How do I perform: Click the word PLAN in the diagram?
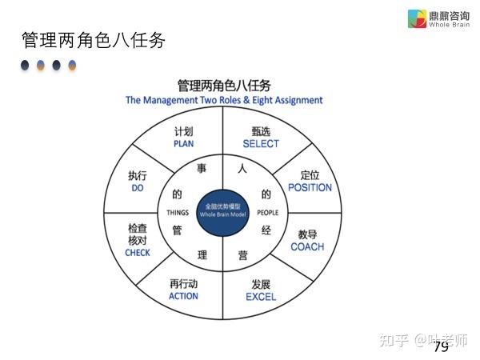click(183, 144)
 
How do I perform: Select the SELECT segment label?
click(261, 144)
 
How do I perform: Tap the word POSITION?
click(310, 188)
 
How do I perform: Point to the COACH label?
click(307, 247)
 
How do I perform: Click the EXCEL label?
click(261, 297)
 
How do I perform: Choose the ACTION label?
click(183, 297)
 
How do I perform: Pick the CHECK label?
click(138, 253)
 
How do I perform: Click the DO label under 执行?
click(138, 189)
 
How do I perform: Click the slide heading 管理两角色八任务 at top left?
click(93, 40)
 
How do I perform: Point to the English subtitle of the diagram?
click(224, 101)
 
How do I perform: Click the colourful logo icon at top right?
click(417, 18)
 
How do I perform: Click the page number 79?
click(441, 346)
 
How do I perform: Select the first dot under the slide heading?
click(26, 66)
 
